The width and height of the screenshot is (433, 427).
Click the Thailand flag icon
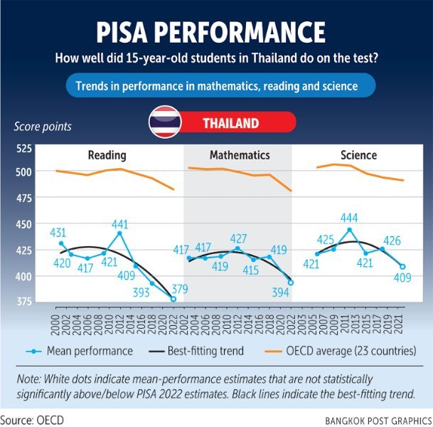pos(163,123)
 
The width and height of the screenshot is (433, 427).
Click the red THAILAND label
pos(230,123)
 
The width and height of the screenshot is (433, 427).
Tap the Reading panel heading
pos(107,154)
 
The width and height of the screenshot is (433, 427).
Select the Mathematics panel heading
pos(240,154)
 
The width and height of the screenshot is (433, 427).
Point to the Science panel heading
pos(358,154)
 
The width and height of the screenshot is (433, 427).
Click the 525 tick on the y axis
pos(24,148)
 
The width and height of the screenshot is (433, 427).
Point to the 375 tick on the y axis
pos(24,302)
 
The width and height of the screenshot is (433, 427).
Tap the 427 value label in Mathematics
pos(238,238)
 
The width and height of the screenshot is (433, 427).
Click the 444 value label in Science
pos(349,218)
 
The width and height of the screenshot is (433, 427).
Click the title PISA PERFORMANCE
pos(216,33)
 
